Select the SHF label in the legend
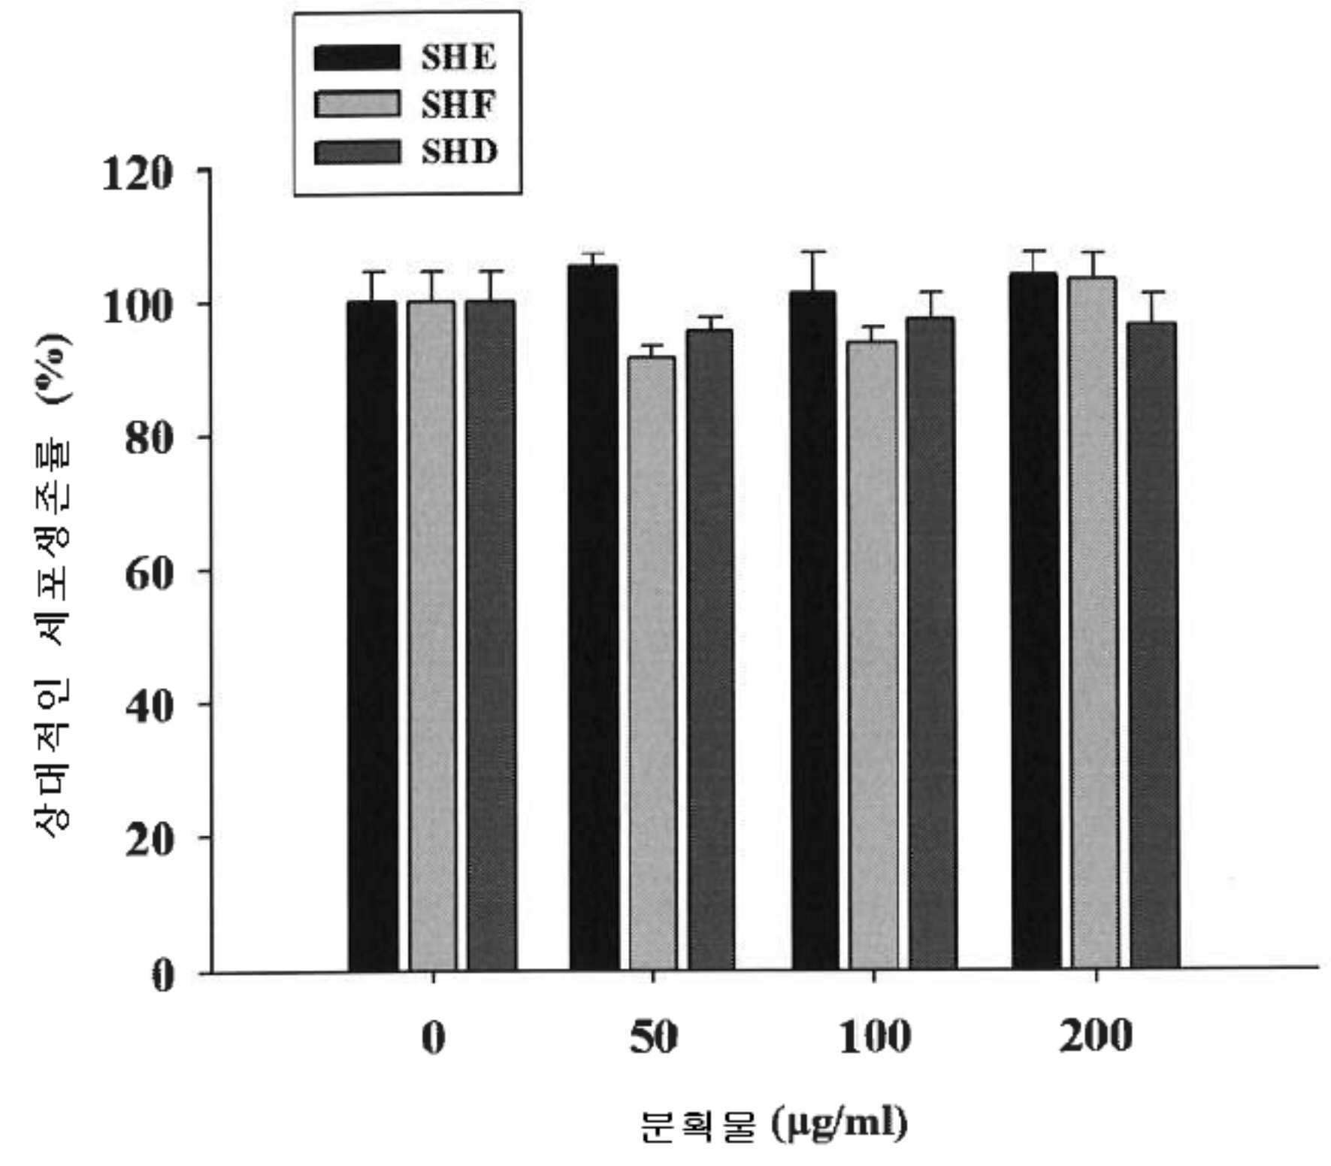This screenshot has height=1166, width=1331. tap(458, 105)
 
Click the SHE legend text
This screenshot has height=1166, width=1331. tap(458, 57)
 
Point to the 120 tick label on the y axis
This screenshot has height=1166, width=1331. tap(138, 174)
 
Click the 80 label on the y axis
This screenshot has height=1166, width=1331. tap(149, 439)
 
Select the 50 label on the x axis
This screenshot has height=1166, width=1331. tap(653, 1037)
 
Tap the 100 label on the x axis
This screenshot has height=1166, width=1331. tap(874, 1037)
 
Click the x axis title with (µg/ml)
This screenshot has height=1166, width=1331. tap(774, 1125)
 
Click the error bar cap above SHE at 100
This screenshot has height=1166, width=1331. tap(814, 252)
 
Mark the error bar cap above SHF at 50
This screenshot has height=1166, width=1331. tap(652, 345)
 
